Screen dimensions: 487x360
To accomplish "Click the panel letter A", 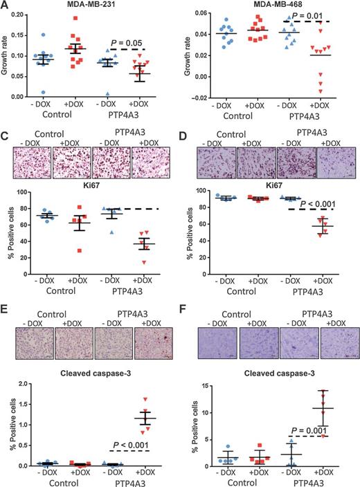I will coord(6,6).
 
